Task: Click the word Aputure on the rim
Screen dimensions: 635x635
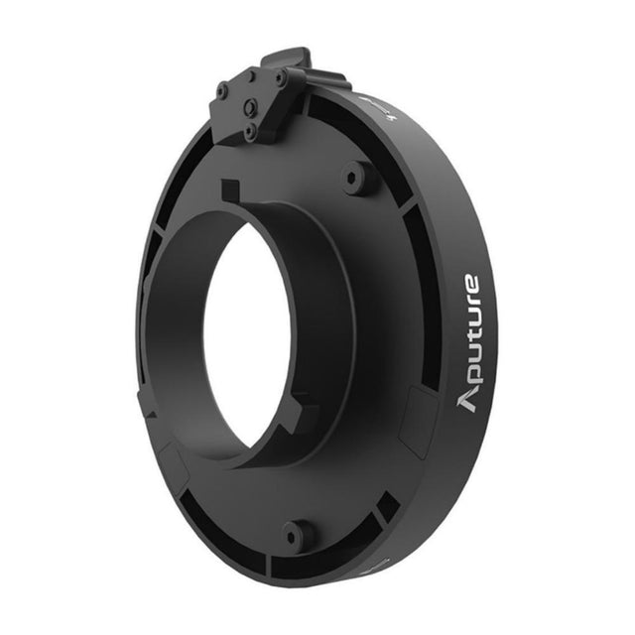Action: pos(469,343)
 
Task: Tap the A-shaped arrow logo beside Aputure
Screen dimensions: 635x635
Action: pos(466,402)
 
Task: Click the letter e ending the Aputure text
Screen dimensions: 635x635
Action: pos(470,282)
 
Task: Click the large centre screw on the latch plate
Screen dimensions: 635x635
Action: pos(251,107)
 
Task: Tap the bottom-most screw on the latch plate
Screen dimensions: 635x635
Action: pos(249,130)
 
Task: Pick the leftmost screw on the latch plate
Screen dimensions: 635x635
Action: pos(222,91)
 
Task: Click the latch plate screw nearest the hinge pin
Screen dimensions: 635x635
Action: pos(279,75)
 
